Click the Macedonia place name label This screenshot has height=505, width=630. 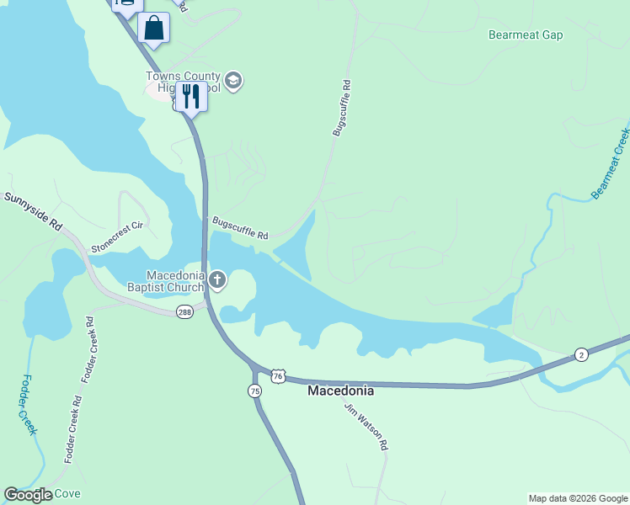(x=340, y=391)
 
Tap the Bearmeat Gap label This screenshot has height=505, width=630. (x=526, y=35)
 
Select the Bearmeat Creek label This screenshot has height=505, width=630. (x=611, y=163)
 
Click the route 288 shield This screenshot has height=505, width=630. (x=185, y=312)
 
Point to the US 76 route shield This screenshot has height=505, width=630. (x=280, y=373)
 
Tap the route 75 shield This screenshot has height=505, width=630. (x=255, y=391)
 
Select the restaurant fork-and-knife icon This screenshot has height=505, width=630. (x=191, y=98)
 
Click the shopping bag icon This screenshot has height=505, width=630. (x=154, y=28)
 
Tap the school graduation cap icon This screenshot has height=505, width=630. (x=233, y=82)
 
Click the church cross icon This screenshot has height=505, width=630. (x=217, y=280)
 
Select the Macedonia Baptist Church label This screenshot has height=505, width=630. (x=175, y=281)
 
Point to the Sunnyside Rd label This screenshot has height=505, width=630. (x=34, y=212)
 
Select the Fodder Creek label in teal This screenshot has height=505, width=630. (x=30, y=405)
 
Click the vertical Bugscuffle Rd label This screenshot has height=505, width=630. (x=341, y=108)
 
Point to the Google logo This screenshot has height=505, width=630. (x=28, y=495)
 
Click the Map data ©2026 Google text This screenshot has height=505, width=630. (x=577, y=498)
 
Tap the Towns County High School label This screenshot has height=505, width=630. (x=183, y=82)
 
